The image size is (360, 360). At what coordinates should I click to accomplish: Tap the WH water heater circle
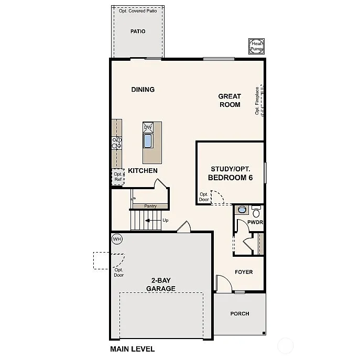click(x=117, y=239)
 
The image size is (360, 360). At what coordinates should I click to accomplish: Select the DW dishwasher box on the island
click(x=148, y=127)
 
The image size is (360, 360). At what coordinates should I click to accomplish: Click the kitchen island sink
click(x=148, y=140)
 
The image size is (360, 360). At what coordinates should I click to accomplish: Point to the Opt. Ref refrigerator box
click(x=117, y=177)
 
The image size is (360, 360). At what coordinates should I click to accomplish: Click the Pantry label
click(x=150, y=206)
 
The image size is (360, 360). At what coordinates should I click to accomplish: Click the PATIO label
click(x=138, y=31)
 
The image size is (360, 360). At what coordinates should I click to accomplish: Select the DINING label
click(x=143, y=90)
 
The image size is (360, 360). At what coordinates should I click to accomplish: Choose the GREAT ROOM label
click(x=230, y=100)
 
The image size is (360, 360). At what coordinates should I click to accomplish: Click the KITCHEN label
click(x=143, y=171)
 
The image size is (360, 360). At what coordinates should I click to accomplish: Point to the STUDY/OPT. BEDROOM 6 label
click(x=231, y=173)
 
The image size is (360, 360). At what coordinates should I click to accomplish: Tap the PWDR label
click(x=255, y=223)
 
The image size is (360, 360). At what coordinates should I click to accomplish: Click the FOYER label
click(x=244, y=272)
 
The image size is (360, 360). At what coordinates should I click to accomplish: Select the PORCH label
click(x=240, y=314)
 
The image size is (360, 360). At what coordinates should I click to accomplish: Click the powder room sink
click(x=242, y=210)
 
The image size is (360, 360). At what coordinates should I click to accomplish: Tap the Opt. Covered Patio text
click(x=138, y=11)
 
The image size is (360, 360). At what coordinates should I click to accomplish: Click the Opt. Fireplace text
click(x=257, y=101)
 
